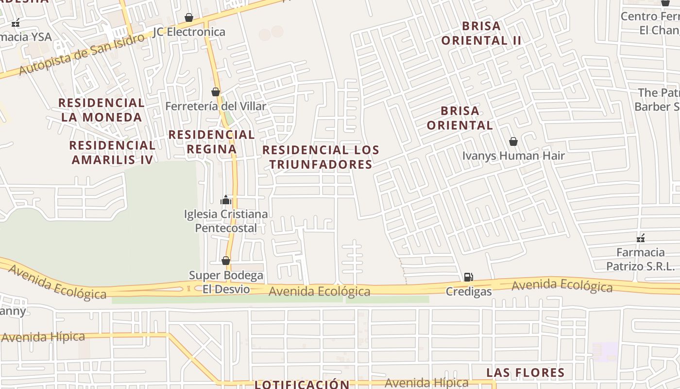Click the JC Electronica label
tap(189, 32)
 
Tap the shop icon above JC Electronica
tap(189, 18)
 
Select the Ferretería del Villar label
tap(216, 106)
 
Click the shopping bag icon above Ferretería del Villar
tap(216, 92)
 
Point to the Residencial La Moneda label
tap(102, 110)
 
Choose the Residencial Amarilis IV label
tap(112, 152)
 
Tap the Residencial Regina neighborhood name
tap(211, 141)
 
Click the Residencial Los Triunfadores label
tap(321, 157)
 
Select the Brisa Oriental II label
tap(481, 33)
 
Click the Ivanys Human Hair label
tap(513, 156)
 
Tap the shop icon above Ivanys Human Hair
tap(513, 141)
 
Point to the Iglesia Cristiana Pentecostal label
tap(226, 221)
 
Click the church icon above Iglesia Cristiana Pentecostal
tap(225, 200)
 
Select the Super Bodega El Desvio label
tap(226, 282)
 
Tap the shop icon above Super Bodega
tap(226, 261)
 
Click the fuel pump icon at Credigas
tap(468, 277)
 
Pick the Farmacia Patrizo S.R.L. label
tap(641, 259)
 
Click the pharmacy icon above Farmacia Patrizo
tap(641, 238)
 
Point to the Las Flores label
tap(526, 373)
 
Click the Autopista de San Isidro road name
tap(83, 55)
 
